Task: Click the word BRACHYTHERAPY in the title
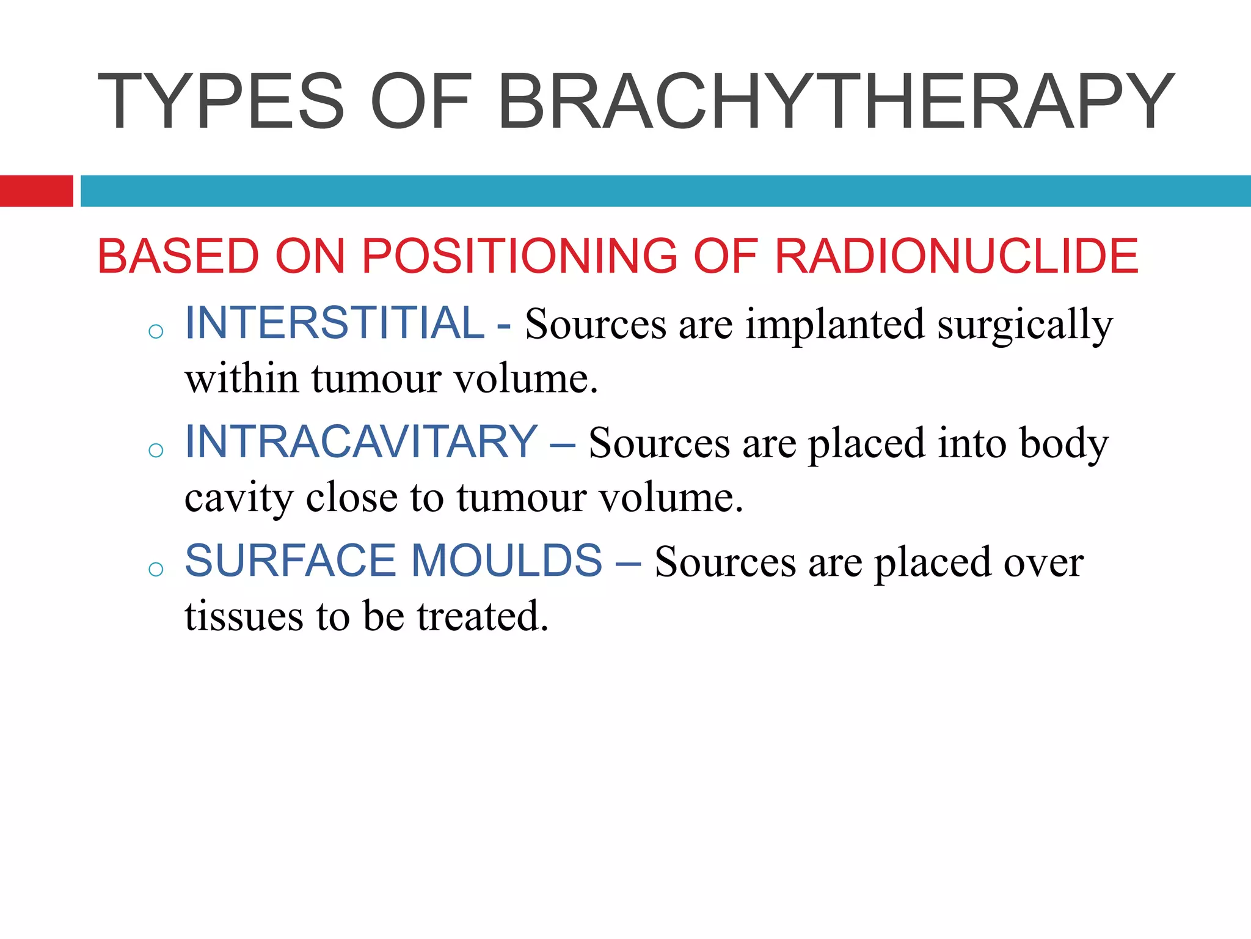point(836,101)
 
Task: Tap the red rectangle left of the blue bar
point(36,191)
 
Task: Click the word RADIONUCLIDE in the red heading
point(956,256)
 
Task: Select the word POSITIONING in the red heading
point(519,256)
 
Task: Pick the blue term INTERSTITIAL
point(335,323)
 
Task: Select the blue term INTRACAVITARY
point(361,441)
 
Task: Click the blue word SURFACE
point(290,560)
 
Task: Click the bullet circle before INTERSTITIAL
point(156,332)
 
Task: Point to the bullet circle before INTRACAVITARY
point(156,451)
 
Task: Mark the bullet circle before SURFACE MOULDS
point(156,569)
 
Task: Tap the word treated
point(483,616)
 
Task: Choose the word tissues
point(244,616)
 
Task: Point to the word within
point(242,379)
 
